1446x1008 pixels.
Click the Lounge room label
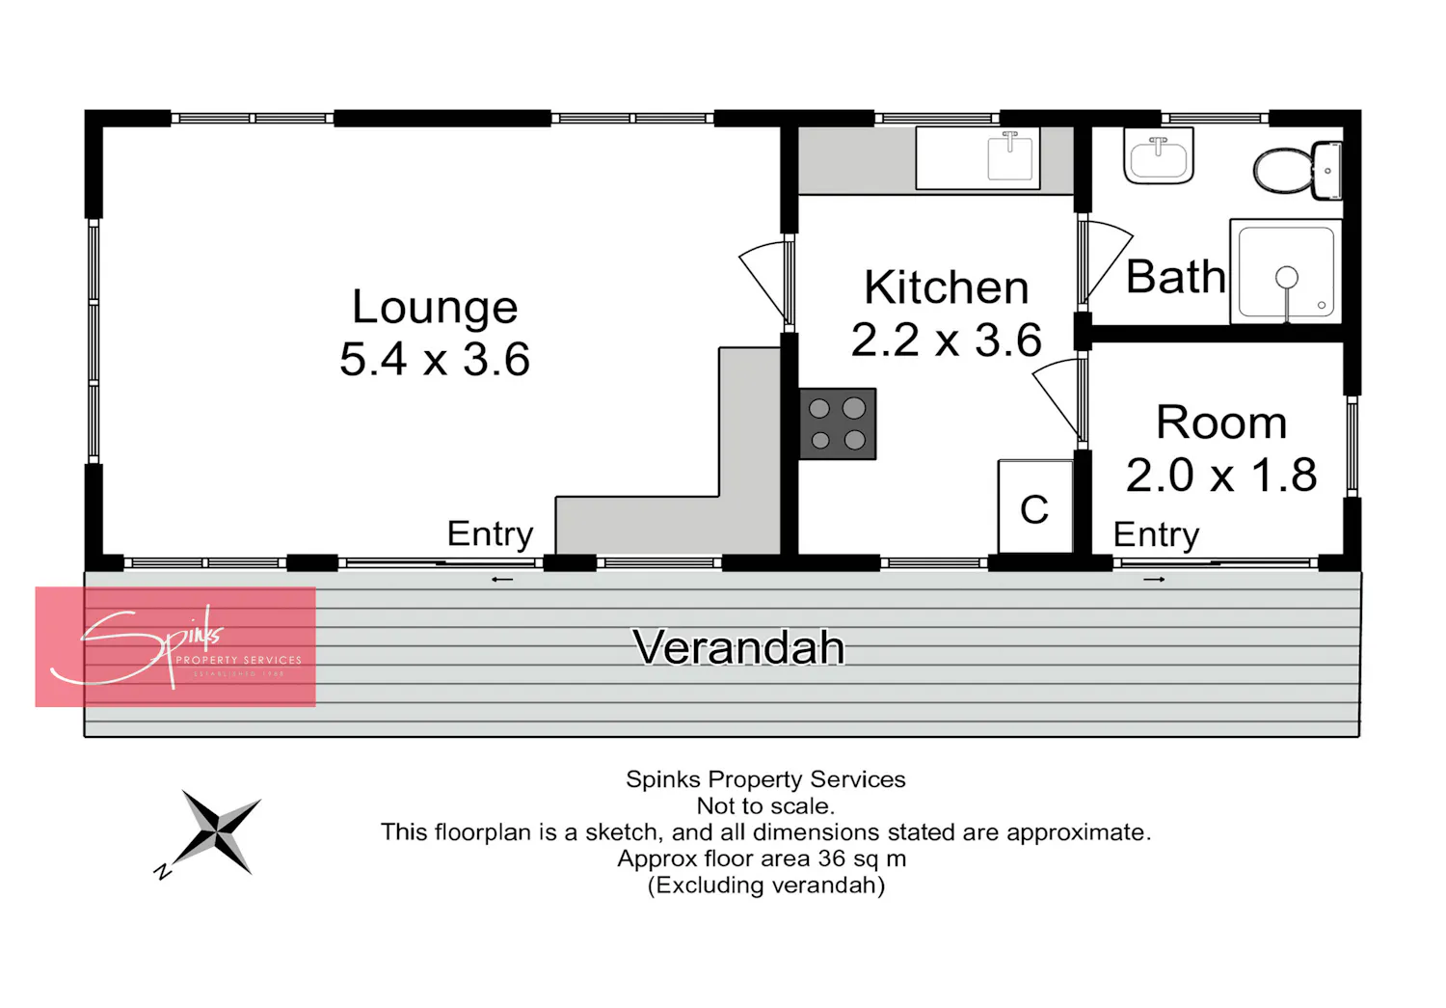tap(435, 308)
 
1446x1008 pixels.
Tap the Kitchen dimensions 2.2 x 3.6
tap(947, 340)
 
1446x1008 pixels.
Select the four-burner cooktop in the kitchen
tap(838, 424)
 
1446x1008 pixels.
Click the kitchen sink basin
tap(1010, 155)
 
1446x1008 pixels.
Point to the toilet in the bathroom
tap(1298, 170)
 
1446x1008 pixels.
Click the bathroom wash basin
tap(1159, 155)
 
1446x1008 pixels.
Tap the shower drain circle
tap(1287, 277)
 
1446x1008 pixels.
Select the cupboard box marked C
tap(1035, 506)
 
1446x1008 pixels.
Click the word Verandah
tap(738, 647)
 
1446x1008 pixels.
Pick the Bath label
tap(1175, 277)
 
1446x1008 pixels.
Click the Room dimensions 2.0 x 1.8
tap(1221, 476)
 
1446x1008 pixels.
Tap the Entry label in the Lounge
tap(490, 534)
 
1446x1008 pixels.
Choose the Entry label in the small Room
tap(1156, 535)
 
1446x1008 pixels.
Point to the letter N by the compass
tap(163, 871)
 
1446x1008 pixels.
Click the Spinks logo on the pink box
tap(175, 646)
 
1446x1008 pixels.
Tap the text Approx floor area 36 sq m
tap(762, 858)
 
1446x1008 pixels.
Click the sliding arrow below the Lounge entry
tap(502, 580)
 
